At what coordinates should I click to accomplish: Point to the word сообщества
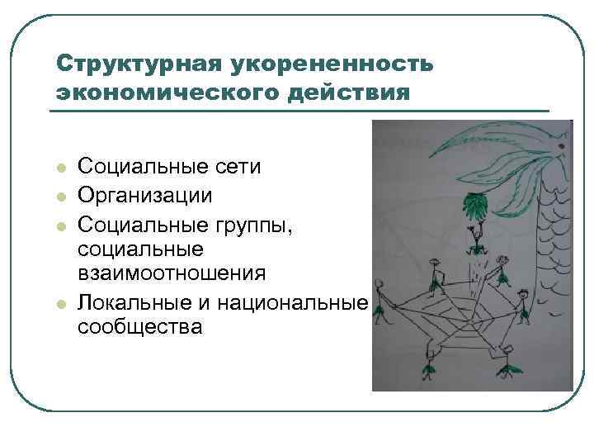tap(139, 327)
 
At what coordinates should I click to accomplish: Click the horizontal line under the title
tap(302, 111)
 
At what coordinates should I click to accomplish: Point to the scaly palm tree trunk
tap(551, 248)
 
